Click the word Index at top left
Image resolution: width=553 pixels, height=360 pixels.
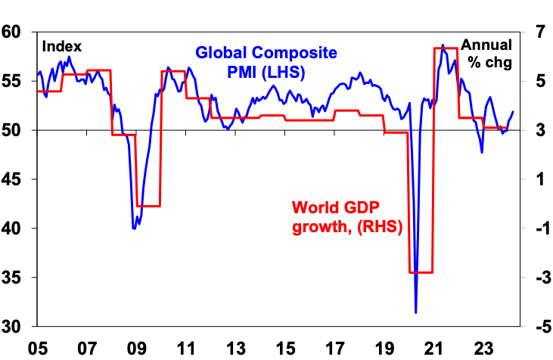pos(62,47)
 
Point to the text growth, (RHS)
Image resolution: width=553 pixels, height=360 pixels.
pos(346,227)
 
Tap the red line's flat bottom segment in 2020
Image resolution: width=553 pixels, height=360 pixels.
pos(421,272)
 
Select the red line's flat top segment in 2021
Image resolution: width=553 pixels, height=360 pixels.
pos(446,48)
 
